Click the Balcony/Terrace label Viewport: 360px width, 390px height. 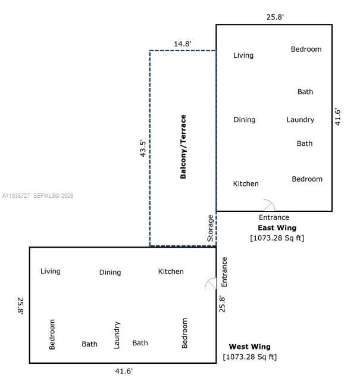pyautogui.click(x=183, y=146)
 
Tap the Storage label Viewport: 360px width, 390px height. pyautogui.click(x=210, y=228)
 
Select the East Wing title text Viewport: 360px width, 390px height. pyautogui.click(x=277, y=227)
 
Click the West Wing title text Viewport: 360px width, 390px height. pyautogui.click(x=249, y=347)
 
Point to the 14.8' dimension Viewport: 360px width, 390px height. pyautogui.click(x=183, y=43)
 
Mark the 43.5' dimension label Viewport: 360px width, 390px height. pyautogui.click(x=142, y=147)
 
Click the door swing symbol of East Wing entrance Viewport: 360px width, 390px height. pyautogui.click(x=268, y=205)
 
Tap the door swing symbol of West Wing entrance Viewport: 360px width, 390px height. pyautogui.click(x=211, y=284)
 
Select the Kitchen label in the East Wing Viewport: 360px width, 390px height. pyautogui.click(x=246, y=183)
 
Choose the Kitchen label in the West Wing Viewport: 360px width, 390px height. pyautogui.click(x=171, y=272)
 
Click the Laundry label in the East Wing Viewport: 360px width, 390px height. pyautogui.click(x=300, y=120)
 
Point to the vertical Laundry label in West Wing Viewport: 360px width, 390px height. pyautogui.click(x=117, y=335)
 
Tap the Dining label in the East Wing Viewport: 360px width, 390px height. pyautogui.click(x=244, y=120)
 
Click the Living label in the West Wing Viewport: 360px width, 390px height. pyautogui.click(x=51, y=272)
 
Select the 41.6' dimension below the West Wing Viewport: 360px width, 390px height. pyautogui.click(x=124, y=371)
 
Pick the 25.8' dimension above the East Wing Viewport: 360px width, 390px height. pyautogui.click(x=275, y=17)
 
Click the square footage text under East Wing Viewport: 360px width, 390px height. pyautogui.click(x=277, y=238)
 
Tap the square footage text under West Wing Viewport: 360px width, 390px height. pyautogui.click(x=249, y=357)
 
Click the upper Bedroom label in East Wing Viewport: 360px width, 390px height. pyautogui.click(x=306, y=49)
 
